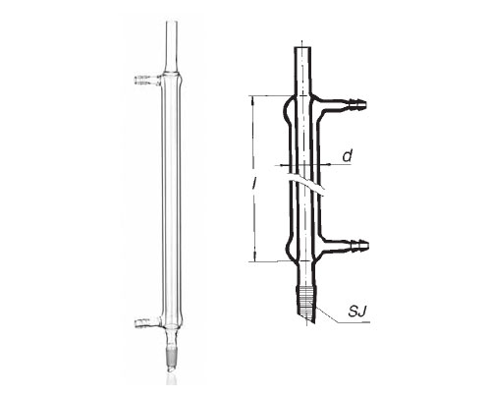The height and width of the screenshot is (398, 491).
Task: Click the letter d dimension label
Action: pyautogui.click(x=348, y=156)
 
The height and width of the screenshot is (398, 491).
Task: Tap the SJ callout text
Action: pyautogui.click(x=356, y=312)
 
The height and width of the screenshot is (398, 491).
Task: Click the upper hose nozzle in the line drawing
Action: pyautogui.click(x=356, y=104)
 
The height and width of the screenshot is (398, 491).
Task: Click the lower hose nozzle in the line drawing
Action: pyautogui.click(x=359, y=245)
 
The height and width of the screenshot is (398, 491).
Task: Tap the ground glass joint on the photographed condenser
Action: pyautogui.click(x=172, y=355)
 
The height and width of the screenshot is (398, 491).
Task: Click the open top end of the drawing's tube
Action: pyautogui.click(x=302, y=48)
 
